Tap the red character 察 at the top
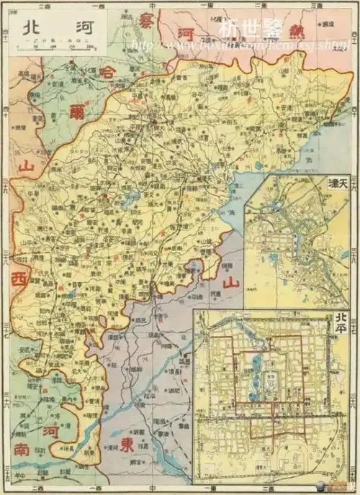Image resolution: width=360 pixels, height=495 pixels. pos(148,19)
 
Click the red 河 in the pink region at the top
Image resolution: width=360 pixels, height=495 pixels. pos(186,34)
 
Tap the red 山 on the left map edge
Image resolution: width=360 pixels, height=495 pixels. pos(27,168)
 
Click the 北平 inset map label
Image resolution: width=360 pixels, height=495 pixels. pos(341,319)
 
